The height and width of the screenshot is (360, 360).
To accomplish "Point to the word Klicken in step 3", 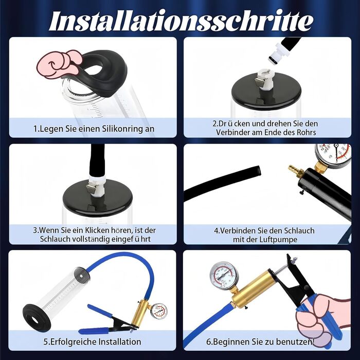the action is tap(97, 230).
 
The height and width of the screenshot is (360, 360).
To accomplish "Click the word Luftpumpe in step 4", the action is tap(278, 240).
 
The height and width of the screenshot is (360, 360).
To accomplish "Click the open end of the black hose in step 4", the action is tap(258, 171).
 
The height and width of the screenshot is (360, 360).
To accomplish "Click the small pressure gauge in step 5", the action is tap(159, 311).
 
